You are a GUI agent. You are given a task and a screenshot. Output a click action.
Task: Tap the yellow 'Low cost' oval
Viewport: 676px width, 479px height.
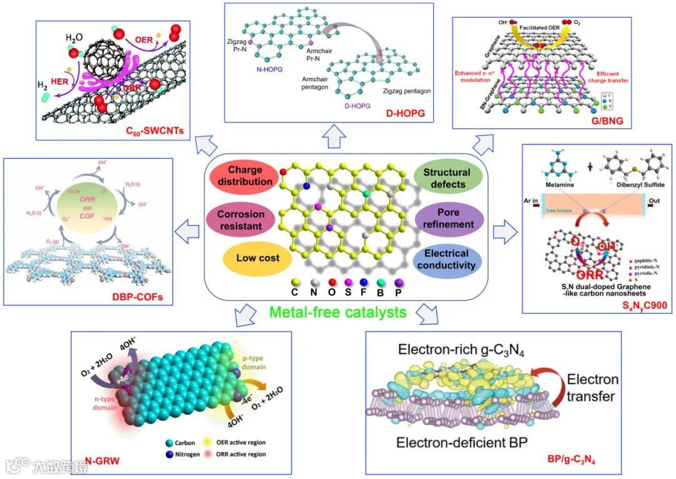point(257,258)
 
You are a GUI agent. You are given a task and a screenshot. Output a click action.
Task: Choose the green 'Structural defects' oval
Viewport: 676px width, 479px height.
point(446,178)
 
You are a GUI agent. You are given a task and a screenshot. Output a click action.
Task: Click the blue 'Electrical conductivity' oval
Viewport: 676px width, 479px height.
point(446,260)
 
